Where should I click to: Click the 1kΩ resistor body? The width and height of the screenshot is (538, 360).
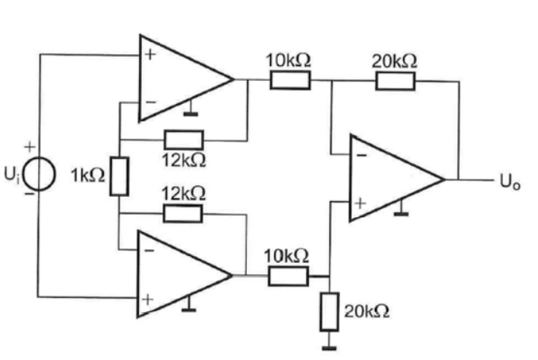[119, 175]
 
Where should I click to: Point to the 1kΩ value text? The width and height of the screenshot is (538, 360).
[86, 176]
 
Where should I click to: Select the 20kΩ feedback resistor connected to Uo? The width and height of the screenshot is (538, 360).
[395, 80]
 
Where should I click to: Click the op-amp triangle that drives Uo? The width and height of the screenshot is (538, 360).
[391, 178]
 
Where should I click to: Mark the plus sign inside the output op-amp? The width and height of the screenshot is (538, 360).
[360, 203]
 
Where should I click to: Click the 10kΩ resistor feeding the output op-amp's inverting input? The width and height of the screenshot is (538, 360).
[290, 80]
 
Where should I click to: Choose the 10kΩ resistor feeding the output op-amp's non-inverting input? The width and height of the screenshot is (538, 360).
[289, 275]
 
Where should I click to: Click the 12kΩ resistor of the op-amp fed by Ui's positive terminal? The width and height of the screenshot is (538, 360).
[183, 140]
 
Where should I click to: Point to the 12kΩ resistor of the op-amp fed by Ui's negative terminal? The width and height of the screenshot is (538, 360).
[183, 213]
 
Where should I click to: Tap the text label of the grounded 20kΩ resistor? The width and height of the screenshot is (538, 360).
[366, 311]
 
